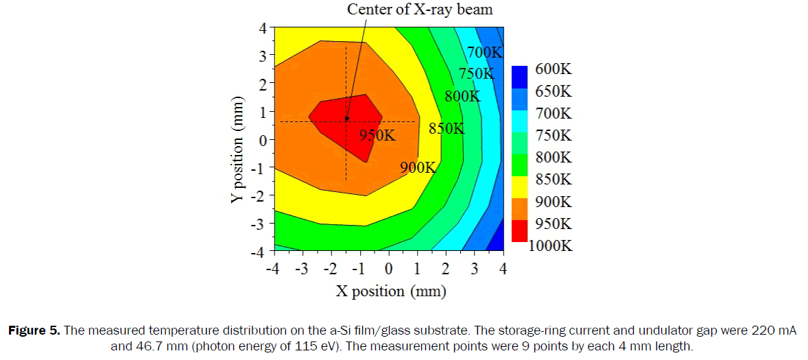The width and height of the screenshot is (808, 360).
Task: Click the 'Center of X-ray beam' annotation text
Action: click(420, 10)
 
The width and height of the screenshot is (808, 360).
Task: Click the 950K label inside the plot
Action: click(378, 136)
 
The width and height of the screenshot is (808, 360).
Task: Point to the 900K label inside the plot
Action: click(418, 167)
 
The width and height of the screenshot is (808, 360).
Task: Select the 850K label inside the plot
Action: click(447, 128)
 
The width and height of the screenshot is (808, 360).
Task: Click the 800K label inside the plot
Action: click(462, 96)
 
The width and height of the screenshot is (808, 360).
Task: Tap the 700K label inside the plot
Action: click(485, 52)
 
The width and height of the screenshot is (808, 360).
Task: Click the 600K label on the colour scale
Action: click(553, 70)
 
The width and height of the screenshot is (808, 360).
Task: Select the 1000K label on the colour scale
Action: click(550, 245)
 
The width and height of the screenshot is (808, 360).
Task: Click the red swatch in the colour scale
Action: click(519, 231)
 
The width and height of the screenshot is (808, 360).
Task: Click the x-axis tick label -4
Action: click(272, 269)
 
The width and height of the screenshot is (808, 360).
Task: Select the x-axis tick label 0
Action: click(388, 269)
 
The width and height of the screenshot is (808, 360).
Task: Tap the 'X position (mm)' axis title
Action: click(391, 291)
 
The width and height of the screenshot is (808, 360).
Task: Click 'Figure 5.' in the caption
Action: click(34, 332)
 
